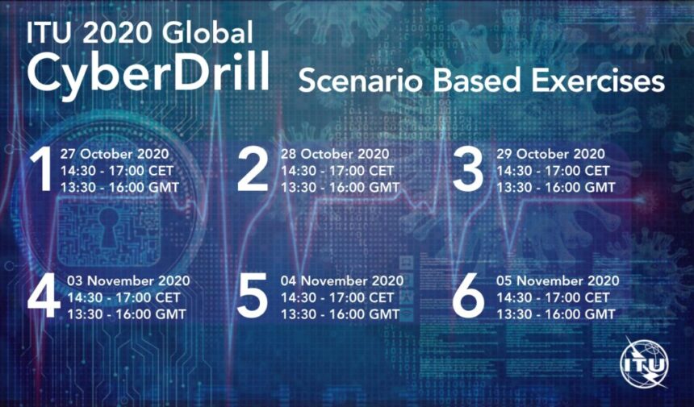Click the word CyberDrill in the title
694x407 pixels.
(148, 72)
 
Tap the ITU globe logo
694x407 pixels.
(645, 365)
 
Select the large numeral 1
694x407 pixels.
(43, 170)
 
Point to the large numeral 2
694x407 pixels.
(253, 170)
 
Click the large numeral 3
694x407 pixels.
(467, 170)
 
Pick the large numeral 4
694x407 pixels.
(44, 296)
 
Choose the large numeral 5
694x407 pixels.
(253, 296)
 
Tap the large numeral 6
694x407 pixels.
(468, 296)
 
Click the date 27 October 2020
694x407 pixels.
(115, 154)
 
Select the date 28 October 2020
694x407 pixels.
(335, 154)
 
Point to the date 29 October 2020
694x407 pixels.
(550, 154)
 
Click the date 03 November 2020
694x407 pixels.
(128, 280)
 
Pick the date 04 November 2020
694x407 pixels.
(342, 280)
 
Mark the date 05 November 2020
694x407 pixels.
(558, 280)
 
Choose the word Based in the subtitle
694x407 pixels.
(476, 81)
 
